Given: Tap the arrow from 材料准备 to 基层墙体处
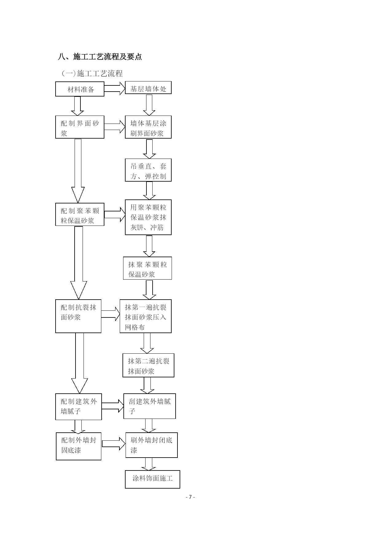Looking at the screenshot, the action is [x=115, y=88].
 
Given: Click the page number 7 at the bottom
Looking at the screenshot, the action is [x=190, y=497].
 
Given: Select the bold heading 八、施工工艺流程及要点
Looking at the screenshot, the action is [x=100, y=57].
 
